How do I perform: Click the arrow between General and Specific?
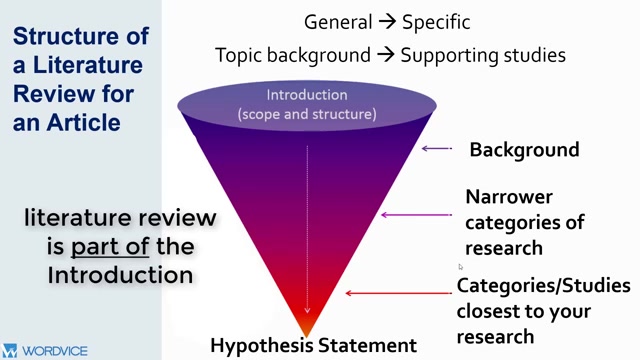385,22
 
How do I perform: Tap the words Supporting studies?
483,55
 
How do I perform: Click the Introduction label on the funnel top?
307,96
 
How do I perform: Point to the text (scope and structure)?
307,114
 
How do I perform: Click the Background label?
524,150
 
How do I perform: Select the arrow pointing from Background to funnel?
437,149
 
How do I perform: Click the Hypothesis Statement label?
313,346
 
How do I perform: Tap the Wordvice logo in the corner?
46,351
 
